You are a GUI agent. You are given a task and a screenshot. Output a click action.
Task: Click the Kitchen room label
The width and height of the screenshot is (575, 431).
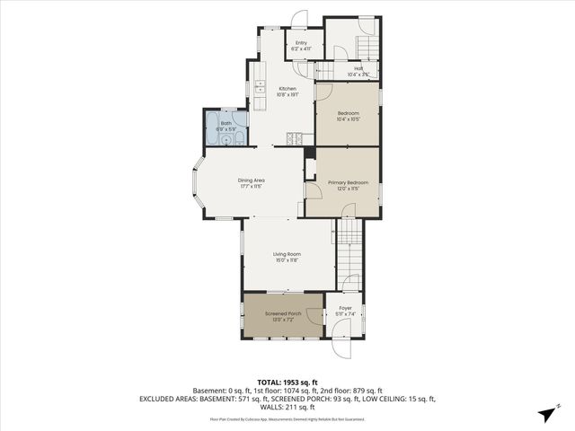point(287,88)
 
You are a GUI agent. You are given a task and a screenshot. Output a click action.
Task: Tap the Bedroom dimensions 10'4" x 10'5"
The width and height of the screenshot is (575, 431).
point(348,119)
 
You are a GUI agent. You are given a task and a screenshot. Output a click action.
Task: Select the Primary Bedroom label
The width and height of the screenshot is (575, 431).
point(348,182)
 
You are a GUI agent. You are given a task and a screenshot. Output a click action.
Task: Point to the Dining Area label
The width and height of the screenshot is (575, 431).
point(251,180)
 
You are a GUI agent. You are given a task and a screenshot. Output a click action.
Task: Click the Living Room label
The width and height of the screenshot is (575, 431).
point(287,254)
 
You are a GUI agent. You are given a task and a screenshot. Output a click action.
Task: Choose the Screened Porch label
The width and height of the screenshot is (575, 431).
point(281,313)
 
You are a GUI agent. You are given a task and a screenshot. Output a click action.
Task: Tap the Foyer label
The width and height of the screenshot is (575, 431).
point(346,308)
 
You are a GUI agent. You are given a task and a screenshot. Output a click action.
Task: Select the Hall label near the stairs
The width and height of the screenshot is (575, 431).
point(358,68)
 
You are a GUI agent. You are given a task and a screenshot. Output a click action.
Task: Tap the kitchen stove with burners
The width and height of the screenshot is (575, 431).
point(294,138)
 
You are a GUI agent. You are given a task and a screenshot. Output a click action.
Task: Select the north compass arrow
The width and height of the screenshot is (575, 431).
point(546,413)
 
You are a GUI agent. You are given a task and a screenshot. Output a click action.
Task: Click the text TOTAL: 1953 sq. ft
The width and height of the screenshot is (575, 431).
point(287,382)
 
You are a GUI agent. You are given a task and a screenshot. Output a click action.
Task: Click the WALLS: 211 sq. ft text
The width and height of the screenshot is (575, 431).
point(287,407)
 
